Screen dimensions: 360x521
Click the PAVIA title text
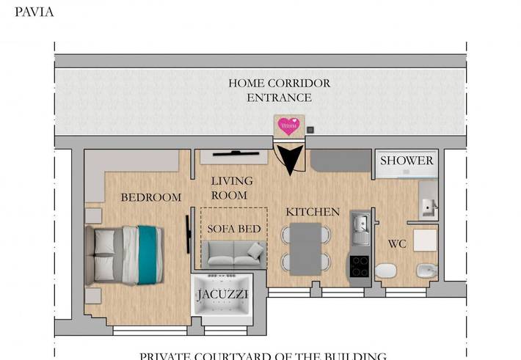(34, 12)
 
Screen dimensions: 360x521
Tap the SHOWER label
(407, 161)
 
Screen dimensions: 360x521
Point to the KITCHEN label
(313, 212)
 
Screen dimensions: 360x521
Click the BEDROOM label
(150, 197)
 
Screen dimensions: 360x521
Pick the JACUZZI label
(222, 295)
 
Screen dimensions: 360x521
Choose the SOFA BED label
(234, 229)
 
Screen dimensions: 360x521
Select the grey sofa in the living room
(233, 254)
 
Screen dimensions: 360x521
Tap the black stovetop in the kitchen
(360, 265)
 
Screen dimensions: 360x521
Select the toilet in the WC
(386, 273)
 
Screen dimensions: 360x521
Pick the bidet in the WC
(426, 273)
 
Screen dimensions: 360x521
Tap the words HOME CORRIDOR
(279, 84)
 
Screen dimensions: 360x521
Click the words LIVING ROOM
(232, 188)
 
